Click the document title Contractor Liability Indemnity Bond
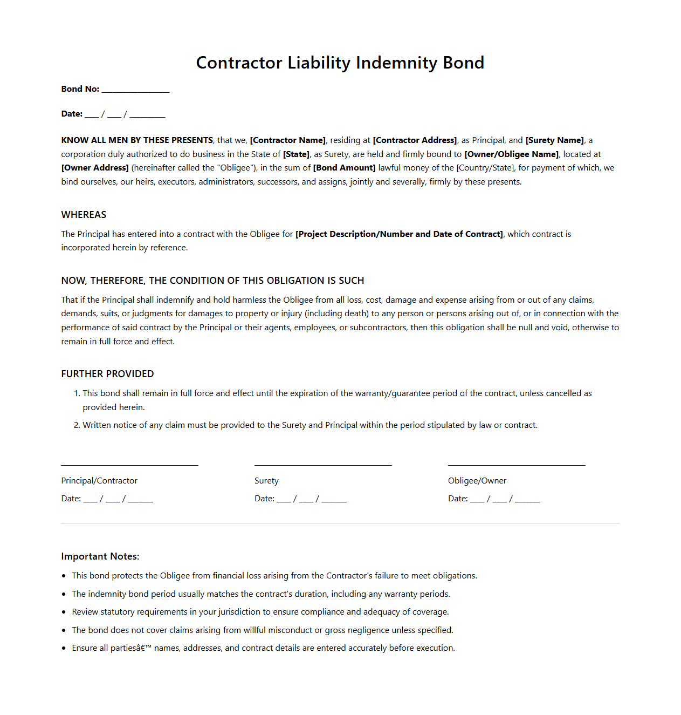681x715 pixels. (340, 63)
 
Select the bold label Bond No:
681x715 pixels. (80, 89)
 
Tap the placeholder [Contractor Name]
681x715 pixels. (287, 140)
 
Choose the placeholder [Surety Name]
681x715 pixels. (554, 140)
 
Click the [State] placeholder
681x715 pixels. (296, 154)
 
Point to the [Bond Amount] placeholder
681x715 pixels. (344, 168)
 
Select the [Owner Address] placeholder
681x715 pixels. (95, 168)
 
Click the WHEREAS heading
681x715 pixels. (84, 215)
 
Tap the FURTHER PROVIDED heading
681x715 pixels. (107, 374)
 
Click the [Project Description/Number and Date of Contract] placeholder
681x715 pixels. (399, 234)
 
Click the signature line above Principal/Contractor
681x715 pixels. (129, 464)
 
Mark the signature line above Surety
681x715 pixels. (323, 464)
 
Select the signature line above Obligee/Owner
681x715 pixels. (517, 464)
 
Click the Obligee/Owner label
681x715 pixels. (477, 481)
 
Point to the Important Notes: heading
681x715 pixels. (100, 556)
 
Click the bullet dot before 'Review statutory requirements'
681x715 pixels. (64, 612)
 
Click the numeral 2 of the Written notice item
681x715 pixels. (77, 425)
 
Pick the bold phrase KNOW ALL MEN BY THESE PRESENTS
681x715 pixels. (137, 140)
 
